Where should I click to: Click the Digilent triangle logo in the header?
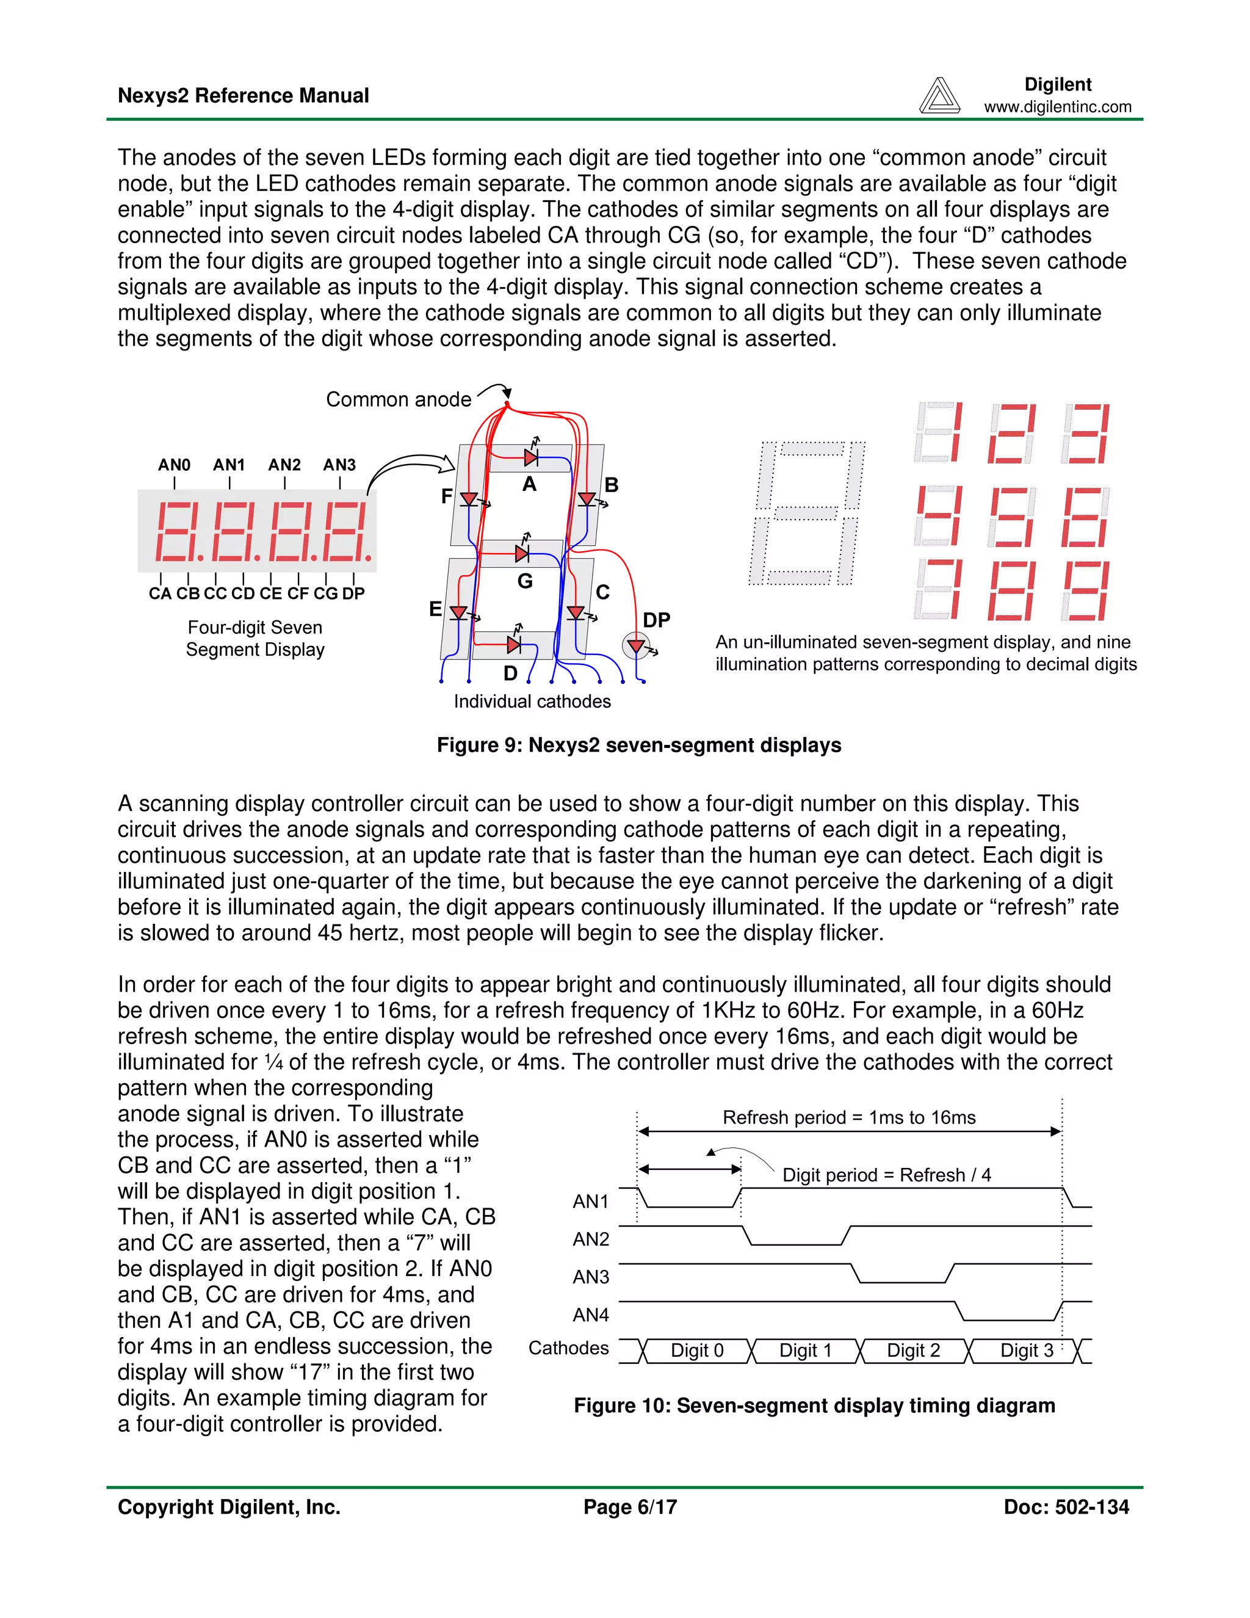(x=939, y=96)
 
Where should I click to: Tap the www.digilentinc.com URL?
(x=1058, y=107)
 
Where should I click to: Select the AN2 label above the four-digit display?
(x=284, y=465)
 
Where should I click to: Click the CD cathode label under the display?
(x=243, y=593)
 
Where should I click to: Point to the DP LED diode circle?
(x=635, y=645)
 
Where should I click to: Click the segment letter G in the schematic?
(x=525, y=581)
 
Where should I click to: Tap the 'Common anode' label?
(x=399, y=399)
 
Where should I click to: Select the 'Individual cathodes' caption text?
(x=532, y=702)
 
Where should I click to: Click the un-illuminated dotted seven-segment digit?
(x=807, y=513)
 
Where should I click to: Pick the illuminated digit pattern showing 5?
(x=1011, y=517)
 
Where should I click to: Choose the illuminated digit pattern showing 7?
(x=938, y=590)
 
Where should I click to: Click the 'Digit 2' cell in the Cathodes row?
(x=913, y=1351)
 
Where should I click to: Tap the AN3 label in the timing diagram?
(x=590, y=1277)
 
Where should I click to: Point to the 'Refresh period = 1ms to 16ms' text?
(x=848, y=1117)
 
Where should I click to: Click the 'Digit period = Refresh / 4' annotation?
(x=886, y=1175)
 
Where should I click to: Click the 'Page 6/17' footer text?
(x=629, y=1507)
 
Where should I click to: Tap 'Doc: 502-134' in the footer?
(x=1066, y=1507)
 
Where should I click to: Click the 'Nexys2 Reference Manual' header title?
(x=243, y=96)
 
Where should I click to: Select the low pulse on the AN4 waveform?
(x=1008, y=1319)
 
